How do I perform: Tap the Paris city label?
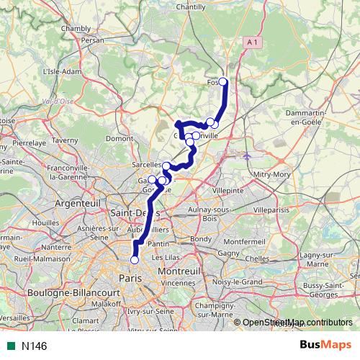[130, 278]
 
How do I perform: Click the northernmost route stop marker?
[222, 81]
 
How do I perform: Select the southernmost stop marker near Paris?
[134, 260]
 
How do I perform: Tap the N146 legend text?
[34, 346]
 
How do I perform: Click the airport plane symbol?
[247, 156]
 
